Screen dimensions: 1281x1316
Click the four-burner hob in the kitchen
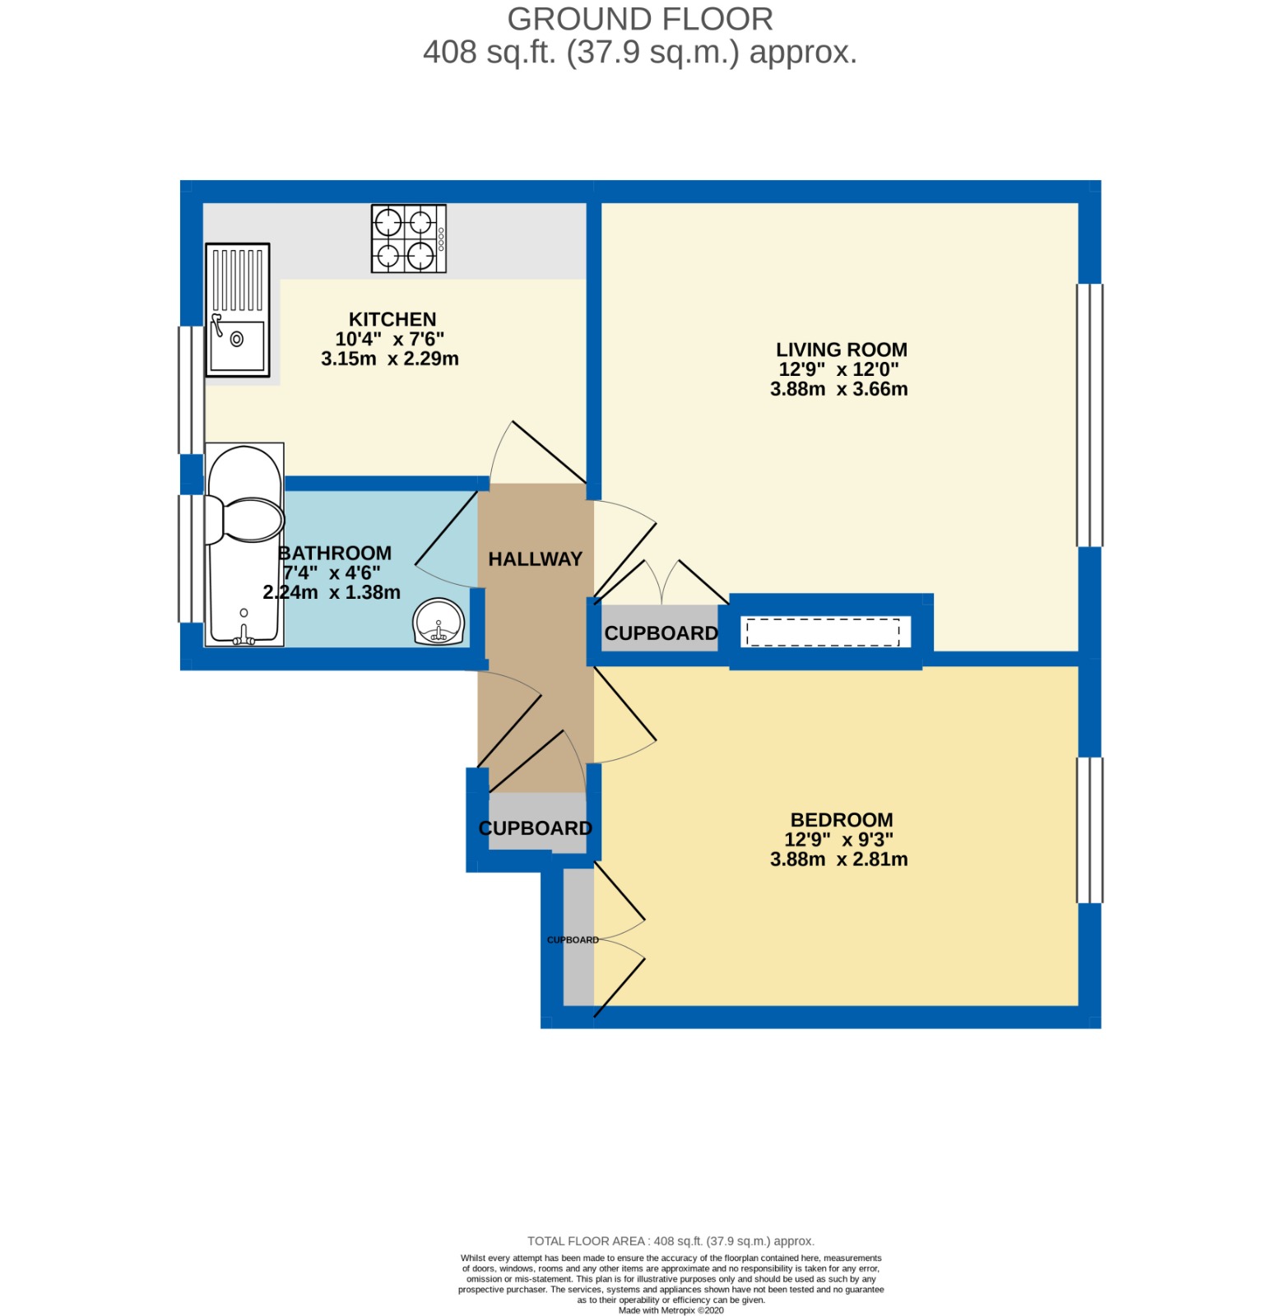pos(409,239)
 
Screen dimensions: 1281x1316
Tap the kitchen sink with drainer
pos(238,310)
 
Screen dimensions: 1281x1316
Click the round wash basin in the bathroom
pos(439,622)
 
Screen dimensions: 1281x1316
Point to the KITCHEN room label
pos(392,319)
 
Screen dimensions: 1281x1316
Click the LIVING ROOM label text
pos(842,350)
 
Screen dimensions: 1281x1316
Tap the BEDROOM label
pos(842,820)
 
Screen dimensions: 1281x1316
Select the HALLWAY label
pos(536,559)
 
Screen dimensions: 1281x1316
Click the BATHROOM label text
pos(335,553)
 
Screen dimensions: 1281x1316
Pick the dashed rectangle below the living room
pos(823,633)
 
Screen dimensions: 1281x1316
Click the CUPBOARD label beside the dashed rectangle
pos(661,633)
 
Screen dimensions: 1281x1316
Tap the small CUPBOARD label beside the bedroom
pos(573,940)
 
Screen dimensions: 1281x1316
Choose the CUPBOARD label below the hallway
pos(536,828)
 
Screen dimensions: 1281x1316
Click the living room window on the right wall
pos(1090,415)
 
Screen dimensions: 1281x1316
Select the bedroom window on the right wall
pos(1090,830)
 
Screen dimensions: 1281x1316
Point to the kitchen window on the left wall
pos(192,390)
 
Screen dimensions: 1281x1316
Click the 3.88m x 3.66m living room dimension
pos(839,389)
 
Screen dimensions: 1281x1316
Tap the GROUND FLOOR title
pos(640,19)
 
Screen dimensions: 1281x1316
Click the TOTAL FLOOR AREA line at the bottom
pos(671,1241)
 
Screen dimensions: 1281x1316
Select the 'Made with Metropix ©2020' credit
pos(671,1310)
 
